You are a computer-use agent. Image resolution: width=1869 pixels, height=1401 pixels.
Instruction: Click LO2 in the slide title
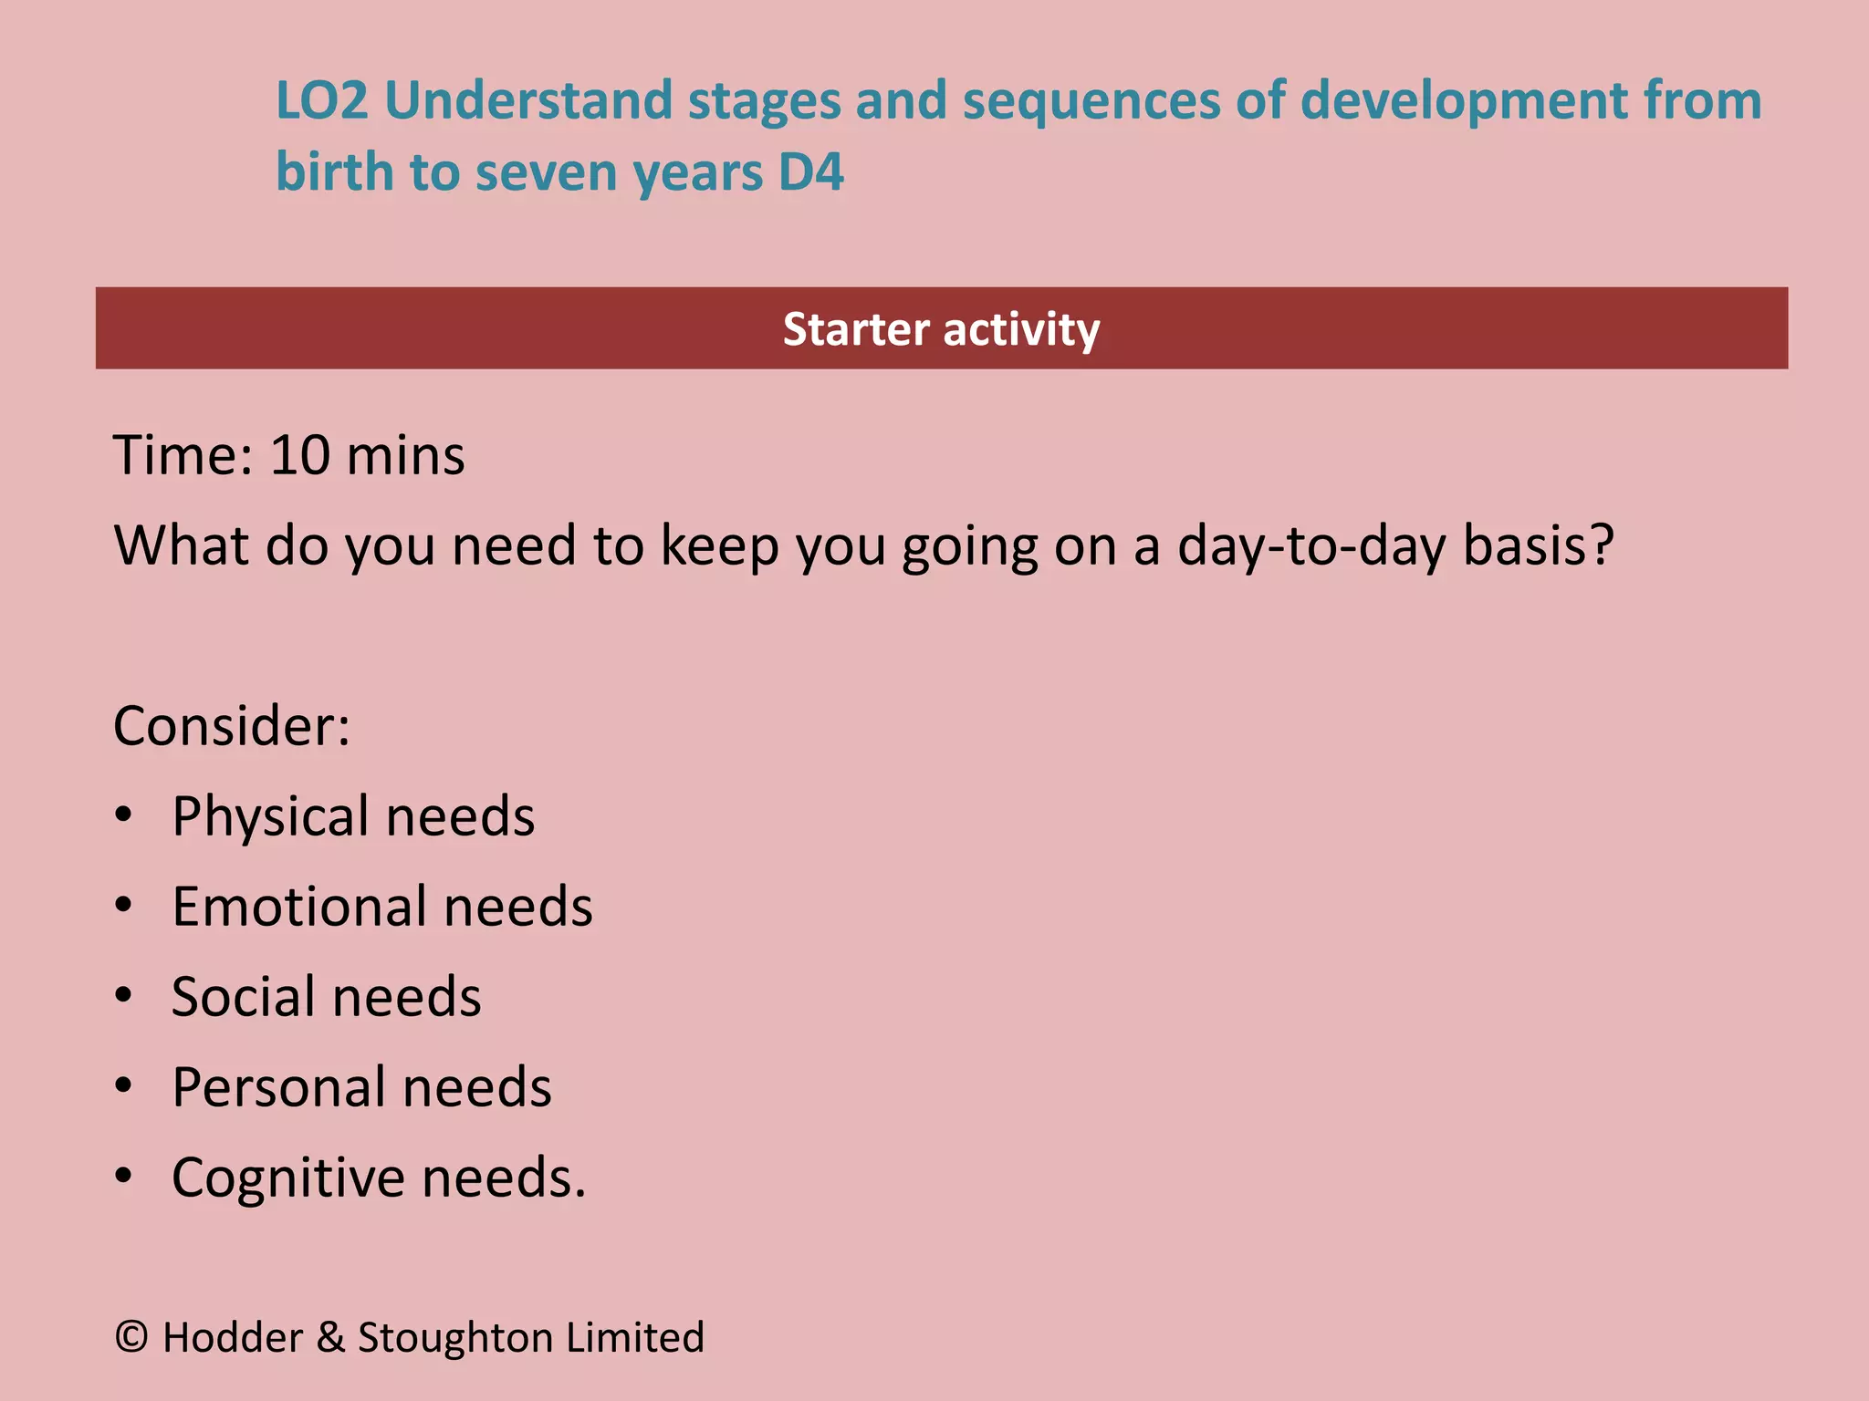321,100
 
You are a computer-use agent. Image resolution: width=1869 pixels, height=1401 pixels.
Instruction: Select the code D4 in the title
810,172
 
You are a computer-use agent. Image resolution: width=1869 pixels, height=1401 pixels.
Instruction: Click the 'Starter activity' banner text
941,329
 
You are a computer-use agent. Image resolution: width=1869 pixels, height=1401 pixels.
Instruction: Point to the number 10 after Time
299,455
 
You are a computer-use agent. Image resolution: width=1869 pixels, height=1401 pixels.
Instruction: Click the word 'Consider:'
232,726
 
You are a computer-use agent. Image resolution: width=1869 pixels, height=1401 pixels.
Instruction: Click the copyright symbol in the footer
131,1337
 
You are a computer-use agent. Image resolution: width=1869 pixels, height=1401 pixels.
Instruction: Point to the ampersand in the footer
330,1337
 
